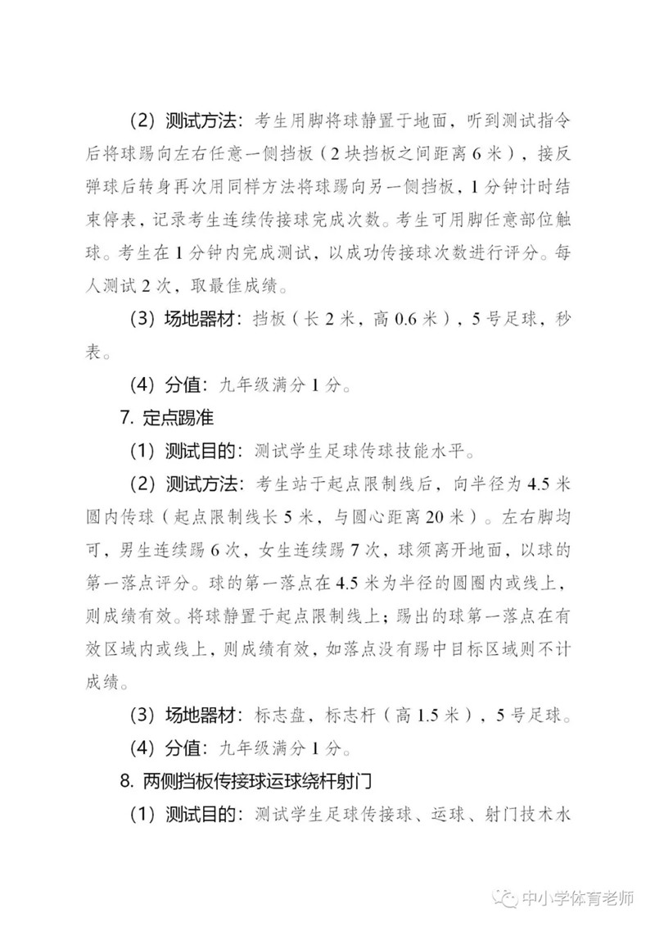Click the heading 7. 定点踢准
point(168,417)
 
